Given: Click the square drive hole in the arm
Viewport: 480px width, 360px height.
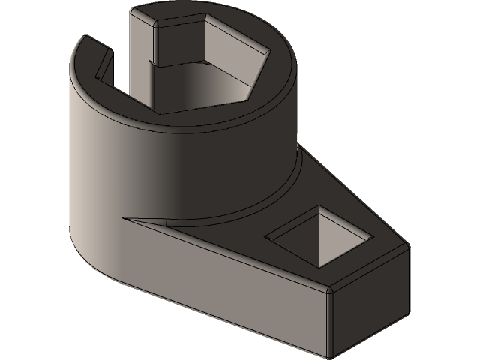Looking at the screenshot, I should tap(319, 237).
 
